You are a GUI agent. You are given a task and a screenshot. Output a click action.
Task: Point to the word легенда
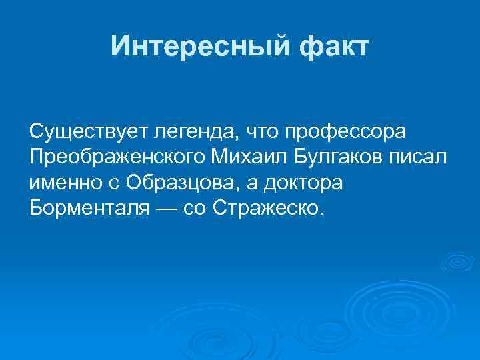pyautogui.click(x=189, y=132)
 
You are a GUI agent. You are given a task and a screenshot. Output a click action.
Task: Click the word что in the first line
pyautogui.click(x=257, y=132)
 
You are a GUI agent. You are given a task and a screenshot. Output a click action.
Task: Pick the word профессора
pyautogui.click(x=345, y=132)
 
